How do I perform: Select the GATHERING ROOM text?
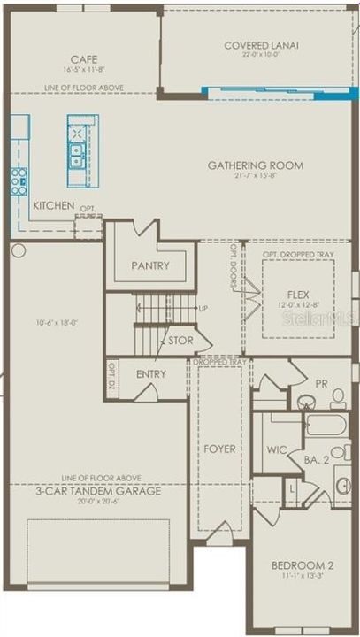pos(255,165)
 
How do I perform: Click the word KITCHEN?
pos(54,205)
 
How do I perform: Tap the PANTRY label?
pos(149,265)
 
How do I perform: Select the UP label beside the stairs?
pos(203,309)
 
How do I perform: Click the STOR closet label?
pos(180,339)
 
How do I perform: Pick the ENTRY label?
pos(151,375)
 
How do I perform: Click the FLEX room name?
pos(298,293)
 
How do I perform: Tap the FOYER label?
pos(219,449)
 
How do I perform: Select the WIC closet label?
pos(277,449)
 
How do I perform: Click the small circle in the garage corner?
pos(18,251)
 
